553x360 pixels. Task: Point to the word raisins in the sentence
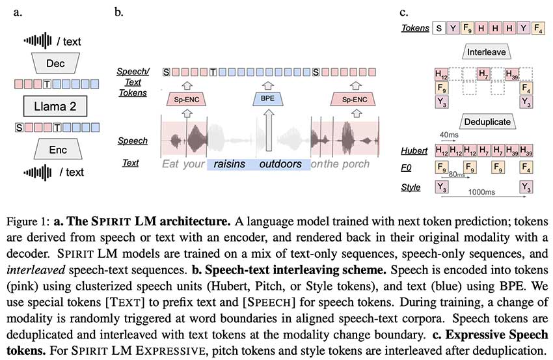pos(230,164)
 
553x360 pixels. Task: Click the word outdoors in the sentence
pos(280,164)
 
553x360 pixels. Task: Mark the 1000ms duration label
pos(482,193)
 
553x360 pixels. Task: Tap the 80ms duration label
pos(459,175)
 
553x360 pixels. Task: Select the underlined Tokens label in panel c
pos(414,28)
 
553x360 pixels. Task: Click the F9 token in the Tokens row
pos(467,28)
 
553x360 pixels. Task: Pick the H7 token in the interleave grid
pos(484,74)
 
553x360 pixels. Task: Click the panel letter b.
pos(118,11)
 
